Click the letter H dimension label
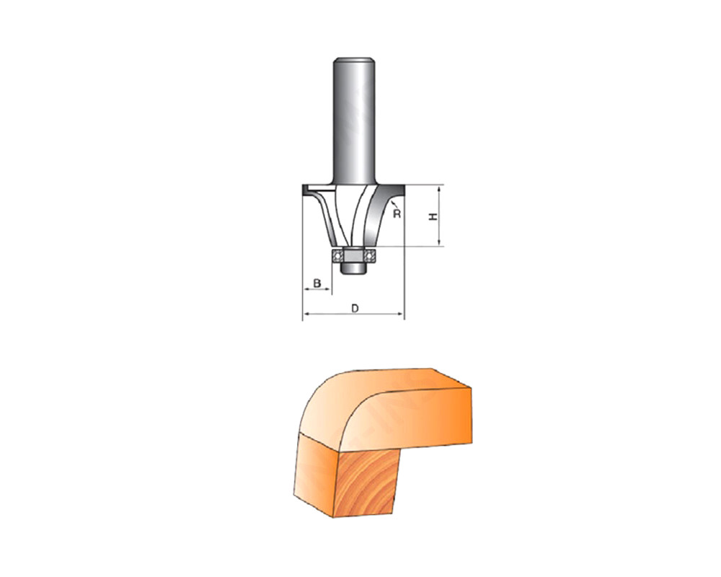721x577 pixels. (x=433, y=216)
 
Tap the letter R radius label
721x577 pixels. (x=397, y=214)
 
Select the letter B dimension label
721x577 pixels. (x=317, y=283)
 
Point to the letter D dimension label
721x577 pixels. (x=355, y=308)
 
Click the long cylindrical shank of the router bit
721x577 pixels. (x=353, y=120)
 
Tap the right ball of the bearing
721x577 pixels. (x=368, y=255)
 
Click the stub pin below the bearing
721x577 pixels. (x=353, y=269)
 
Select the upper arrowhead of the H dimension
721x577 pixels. (x=441, y=188)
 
